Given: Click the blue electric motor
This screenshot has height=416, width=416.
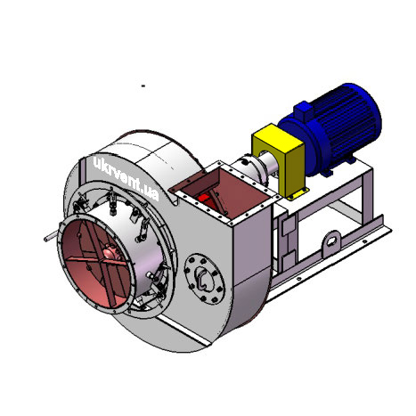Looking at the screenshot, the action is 330,131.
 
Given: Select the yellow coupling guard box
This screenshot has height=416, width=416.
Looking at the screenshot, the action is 279,160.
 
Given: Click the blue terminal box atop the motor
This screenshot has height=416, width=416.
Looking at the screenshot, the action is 304,110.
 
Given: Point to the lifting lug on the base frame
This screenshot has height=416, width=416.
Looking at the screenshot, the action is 332,244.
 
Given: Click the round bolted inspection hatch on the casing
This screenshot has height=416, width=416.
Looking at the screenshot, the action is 204,279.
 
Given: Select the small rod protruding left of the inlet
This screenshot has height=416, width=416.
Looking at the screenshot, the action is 51,237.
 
